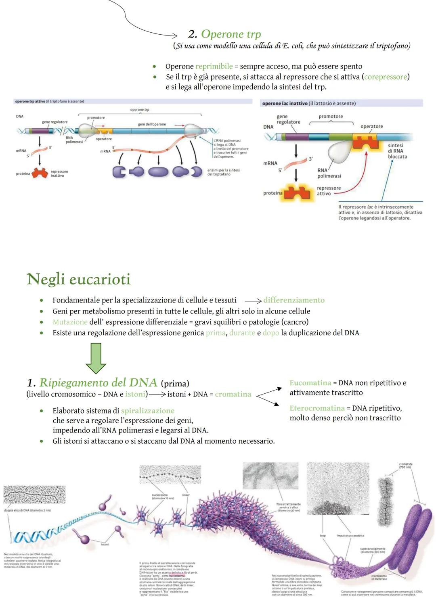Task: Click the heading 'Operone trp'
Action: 231,34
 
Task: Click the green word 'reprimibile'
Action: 214,67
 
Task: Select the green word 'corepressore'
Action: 386,77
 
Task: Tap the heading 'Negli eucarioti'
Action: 79,279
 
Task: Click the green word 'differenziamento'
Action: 293,300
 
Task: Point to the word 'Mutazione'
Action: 70,322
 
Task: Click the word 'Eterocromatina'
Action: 317,408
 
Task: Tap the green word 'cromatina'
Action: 233,394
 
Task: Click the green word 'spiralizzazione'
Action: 148,411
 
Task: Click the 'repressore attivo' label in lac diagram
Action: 329,191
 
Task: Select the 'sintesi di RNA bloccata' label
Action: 397,151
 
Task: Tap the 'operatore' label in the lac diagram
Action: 371,126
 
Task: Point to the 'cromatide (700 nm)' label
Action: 405,466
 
